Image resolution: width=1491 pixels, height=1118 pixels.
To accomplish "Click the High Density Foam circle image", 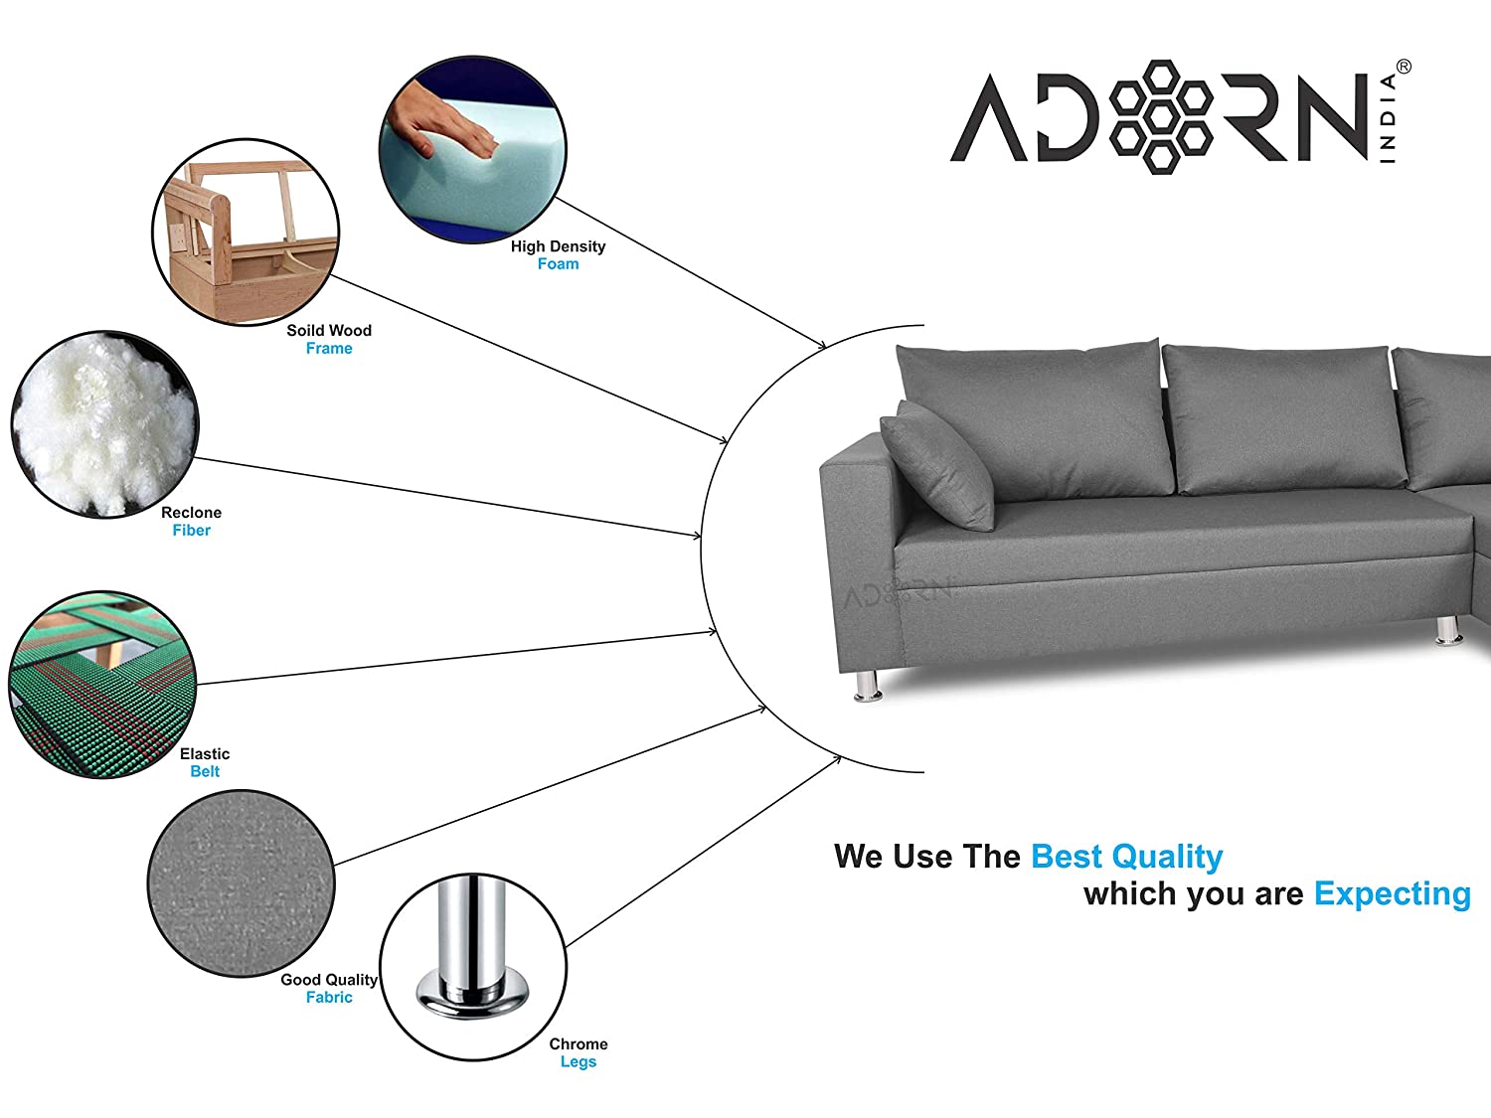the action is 473,150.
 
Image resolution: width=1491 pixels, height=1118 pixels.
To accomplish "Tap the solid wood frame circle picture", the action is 246,233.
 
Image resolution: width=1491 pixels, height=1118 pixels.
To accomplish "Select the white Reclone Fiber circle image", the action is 105,424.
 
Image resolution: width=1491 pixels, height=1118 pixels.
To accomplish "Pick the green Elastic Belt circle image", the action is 102,685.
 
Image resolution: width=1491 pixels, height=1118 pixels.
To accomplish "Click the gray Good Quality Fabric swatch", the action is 242,883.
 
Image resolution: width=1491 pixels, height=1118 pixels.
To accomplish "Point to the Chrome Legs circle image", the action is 473,967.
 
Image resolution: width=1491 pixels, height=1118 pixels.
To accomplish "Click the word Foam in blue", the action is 559,264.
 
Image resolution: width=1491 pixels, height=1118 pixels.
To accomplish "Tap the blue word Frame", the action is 329,348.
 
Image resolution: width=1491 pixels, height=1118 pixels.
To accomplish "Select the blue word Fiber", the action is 192,530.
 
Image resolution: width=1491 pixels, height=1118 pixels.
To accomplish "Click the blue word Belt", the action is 205,772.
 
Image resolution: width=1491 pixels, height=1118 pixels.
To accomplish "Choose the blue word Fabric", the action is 329,997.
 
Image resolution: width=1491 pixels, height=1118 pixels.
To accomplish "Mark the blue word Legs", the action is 579,1061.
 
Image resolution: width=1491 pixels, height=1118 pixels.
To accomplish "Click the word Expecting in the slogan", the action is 1393,894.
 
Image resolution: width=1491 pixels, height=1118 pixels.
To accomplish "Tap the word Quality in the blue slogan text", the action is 1167,858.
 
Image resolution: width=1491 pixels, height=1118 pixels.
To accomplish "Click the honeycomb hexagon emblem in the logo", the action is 1161,116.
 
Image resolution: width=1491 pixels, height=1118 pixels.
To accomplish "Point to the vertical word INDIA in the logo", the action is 1388,119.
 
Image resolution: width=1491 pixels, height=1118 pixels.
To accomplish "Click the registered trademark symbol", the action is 1404,68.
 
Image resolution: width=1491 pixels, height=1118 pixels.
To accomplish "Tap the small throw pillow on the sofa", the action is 937,465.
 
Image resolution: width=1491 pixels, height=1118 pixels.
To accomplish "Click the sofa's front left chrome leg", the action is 868,685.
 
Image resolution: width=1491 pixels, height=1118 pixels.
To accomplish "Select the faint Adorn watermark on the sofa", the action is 898,594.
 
